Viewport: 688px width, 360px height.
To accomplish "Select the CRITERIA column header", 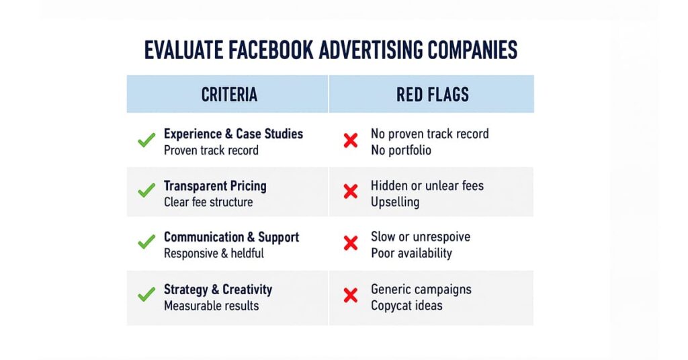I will [x=229, y=95].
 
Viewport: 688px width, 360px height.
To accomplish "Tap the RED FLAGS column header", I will [x=432, y=95].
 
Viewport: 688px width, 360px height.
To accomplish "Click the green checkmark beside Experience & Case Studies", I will [x=146, y=141].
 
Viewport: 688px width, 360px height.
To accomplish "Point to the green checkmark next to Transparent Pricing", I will [x=146, y=191].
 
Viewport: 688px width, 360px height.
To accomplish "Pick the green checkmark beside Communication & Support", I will [x=146, y=242].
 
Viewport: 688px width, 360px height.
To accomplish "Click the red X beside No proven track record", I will [x=350, y=141].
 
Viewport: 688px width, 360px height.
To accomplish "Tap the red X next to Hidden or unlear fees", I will [x=350, y=192].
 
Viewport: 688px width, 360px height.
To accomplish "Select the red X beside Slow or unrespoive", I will [x=350, y=243].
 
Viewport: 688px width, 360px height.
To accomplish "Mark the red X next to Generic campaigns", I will [x=350, y=295].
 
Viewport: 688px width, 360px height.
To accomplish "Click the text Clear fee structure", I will [x=208, y=202].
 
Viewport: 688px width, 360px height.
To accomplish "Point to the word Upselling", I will [x=394, y=202].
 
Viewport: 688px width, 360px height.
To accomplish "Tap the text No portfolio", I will [x=400, y=150].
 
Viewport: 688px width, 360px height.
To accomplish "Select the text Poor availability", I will [x=411, y=253].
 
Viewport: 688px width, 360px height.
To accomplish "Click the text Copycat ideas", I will [x=406, y=306].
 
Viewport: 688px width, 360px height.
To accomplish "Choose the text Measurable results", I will [x=211, y=306].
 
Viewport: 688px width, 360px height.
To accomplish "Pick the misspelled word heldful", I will [x=247, y=253].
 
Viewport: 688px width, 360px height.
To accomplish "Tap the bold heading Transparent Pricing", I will [x=215, y=186].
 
